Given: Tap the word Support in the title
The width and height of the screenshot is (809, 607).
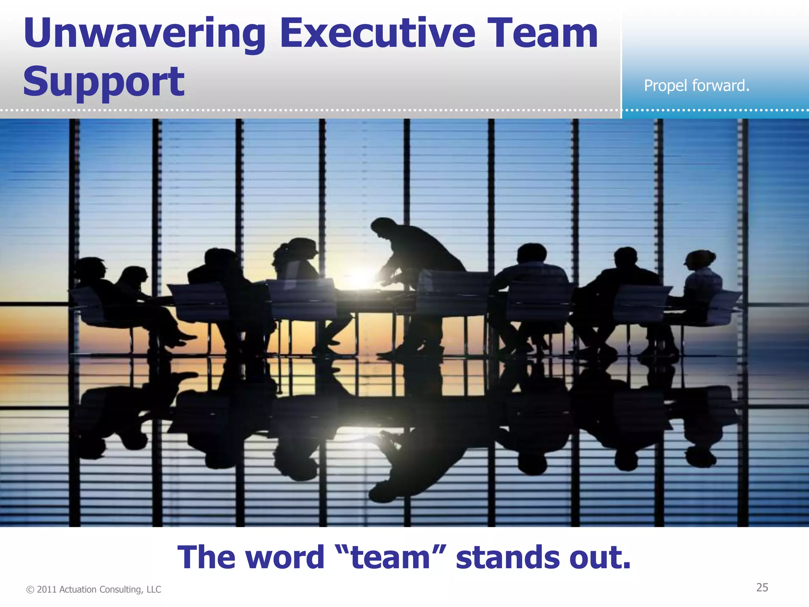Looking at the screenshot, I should click(x=103, y=82).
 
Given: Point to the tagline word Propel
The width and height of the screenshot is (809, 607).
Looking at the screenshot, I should click(x=666, y=86).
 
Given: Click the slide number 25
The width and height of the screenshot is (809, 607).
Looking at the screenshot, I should click(x=762, y=588).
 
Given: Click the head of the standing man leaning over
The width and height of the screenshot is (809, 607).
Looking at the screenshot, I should click(x=380, y=228).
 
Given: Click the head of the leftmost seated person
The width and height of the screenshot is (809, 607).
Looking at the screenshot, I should click(x=92, y=268).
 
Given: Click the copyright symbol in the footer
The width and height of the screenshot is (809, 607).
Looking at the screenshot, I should click(x=30, y=590).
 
